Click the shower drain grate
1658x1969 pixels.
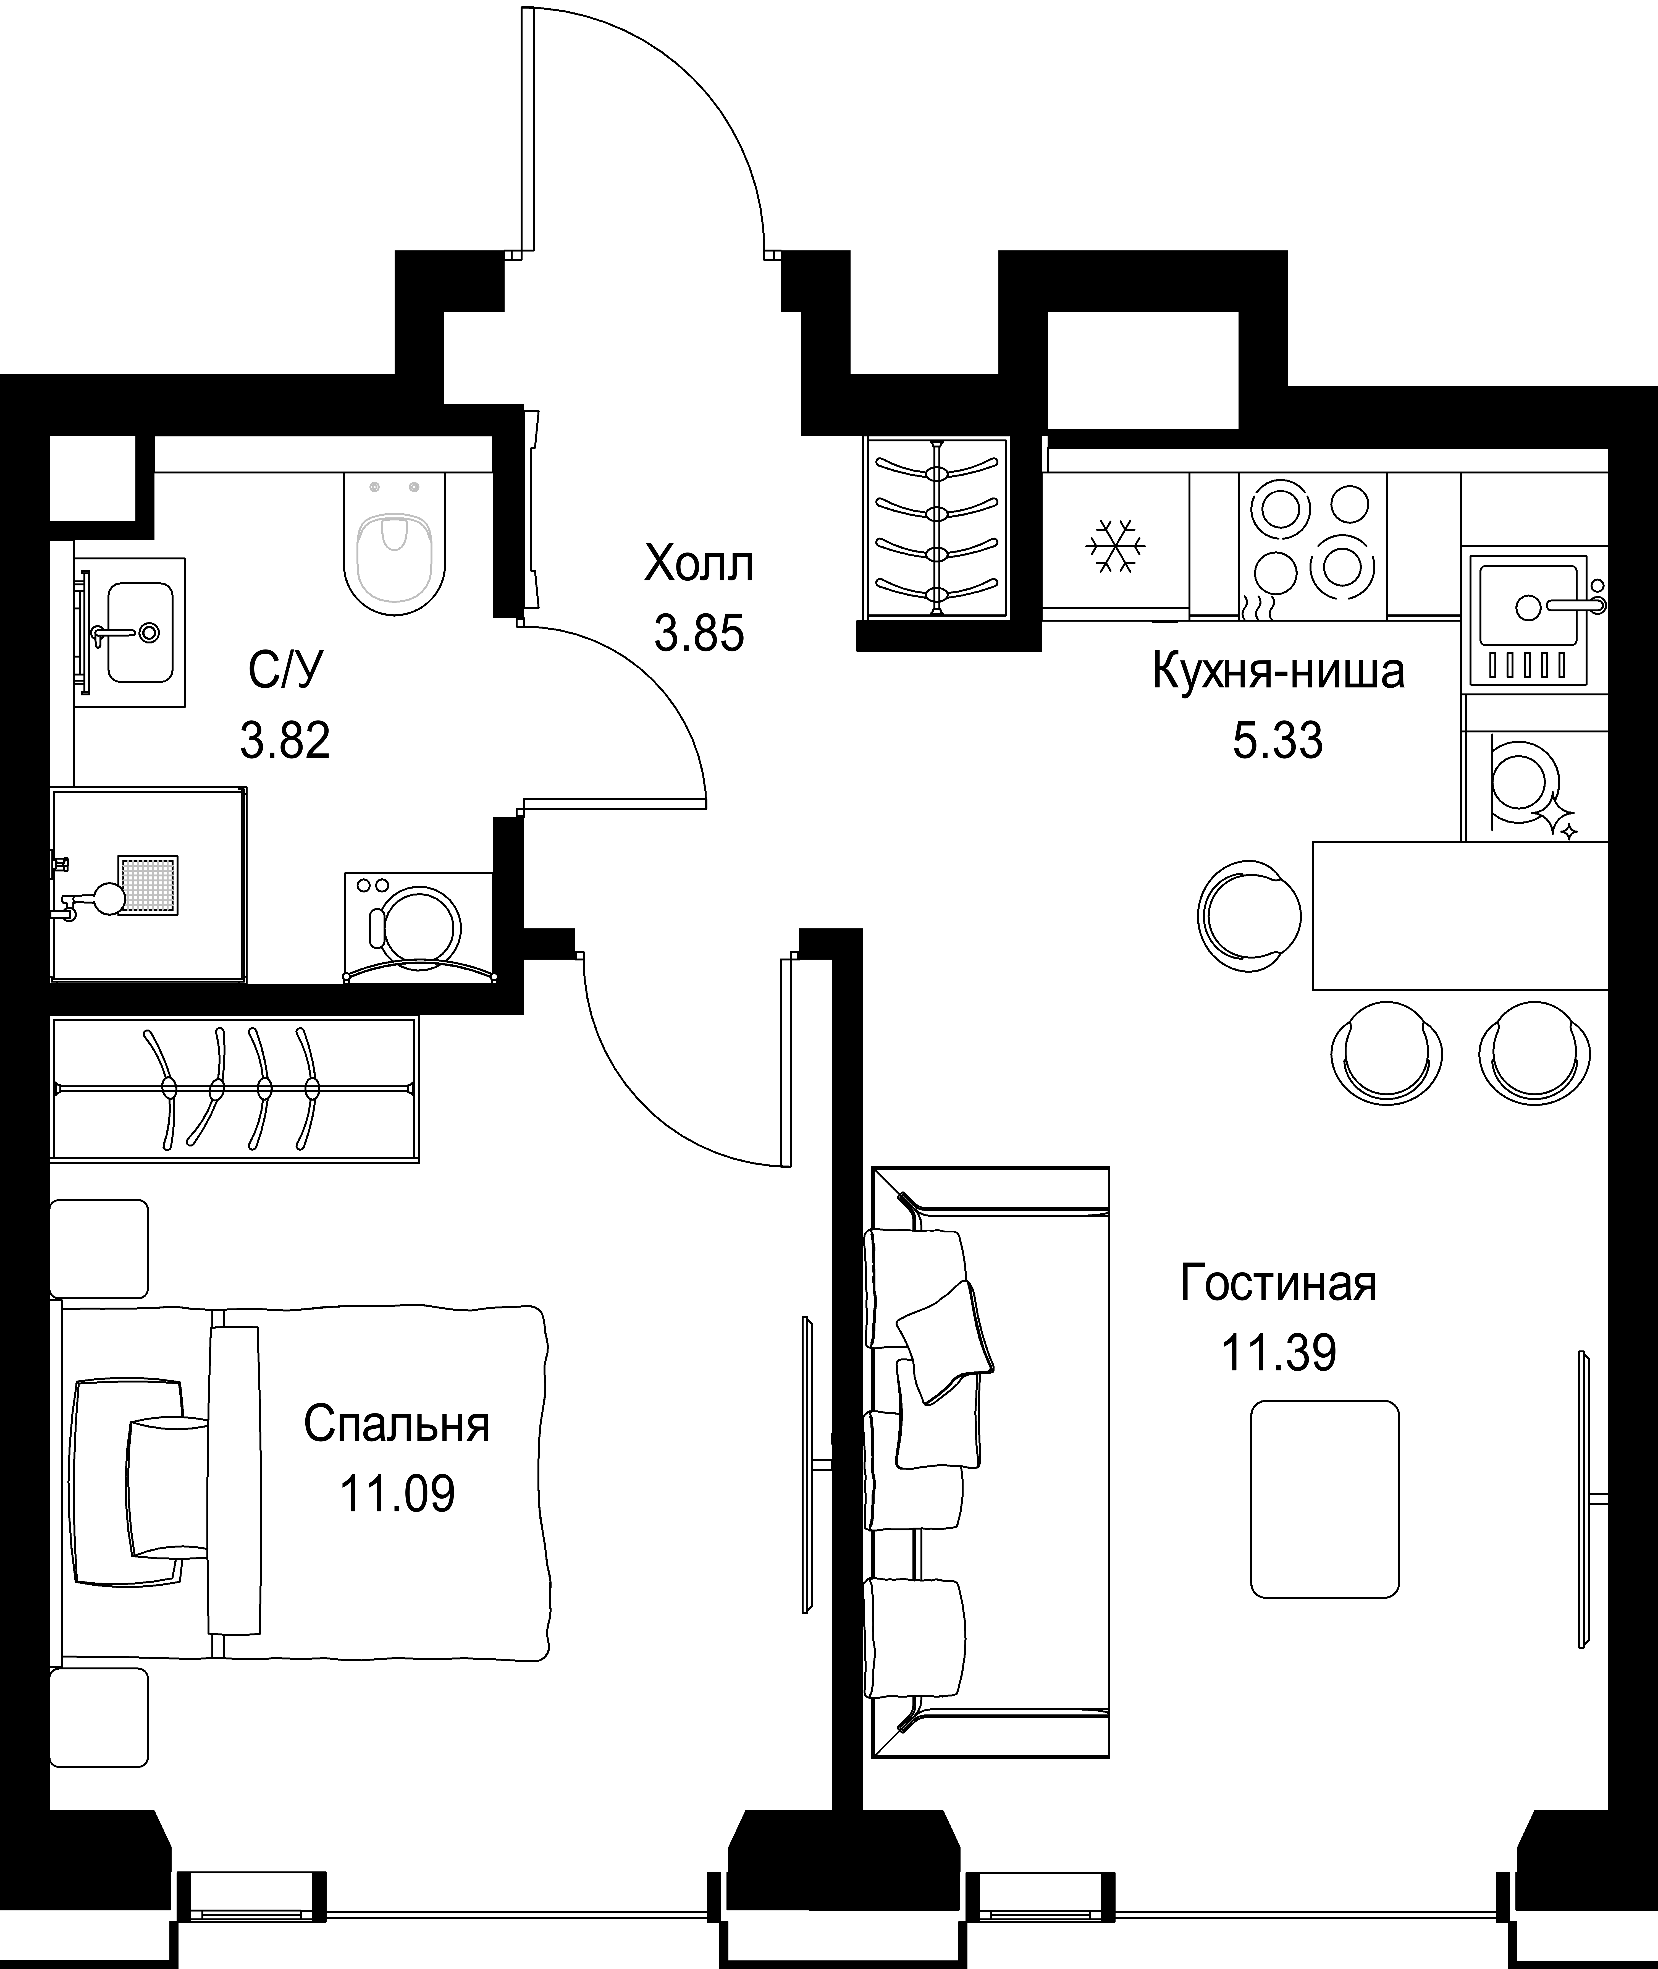point(148,884)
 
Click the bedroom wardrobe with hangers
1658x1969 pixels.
point(235,1089)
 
